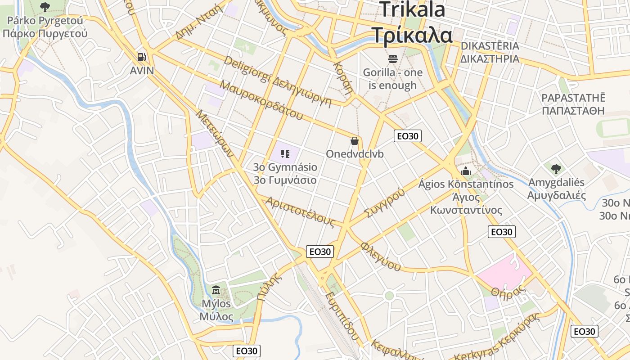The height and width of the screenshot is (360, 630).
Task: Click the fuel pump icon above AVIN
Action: [142, 57]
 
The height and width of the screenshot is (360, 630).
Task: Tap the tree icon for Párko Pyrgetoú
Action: [45, 7]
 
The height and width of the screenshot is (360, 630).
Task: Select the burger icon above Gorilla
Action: [392, 58]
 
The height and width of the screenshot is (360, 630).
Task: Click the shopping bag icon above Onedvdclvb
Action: [355, 141]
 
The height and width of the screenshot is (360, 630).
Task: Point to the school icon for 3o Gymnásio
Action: [285, 154]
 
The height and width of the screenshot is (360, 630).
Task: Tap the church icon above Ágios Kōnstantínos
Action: [466, 171]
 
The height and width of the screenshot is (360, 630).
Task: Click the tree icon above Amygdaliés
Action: [556, 169]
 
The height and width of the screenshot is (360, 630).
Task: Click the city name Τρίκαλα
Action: [412, 35]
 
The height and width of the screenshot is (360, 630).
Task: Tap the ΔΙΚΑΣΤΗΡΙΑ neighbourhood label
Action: [490, 59]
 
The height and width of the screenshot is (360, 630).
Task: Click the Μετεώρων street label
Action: [214, 132]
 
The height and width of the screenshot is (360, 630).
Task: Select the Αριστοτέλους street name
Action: [300, 211]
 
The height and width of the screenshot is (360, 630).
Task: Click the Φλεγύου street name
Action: [381, 256]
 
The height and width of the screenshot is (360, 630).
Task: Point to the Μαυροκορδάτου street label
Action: [261, 100]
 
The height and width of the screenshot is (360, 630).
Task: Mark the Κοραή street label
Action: [343, 77]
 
